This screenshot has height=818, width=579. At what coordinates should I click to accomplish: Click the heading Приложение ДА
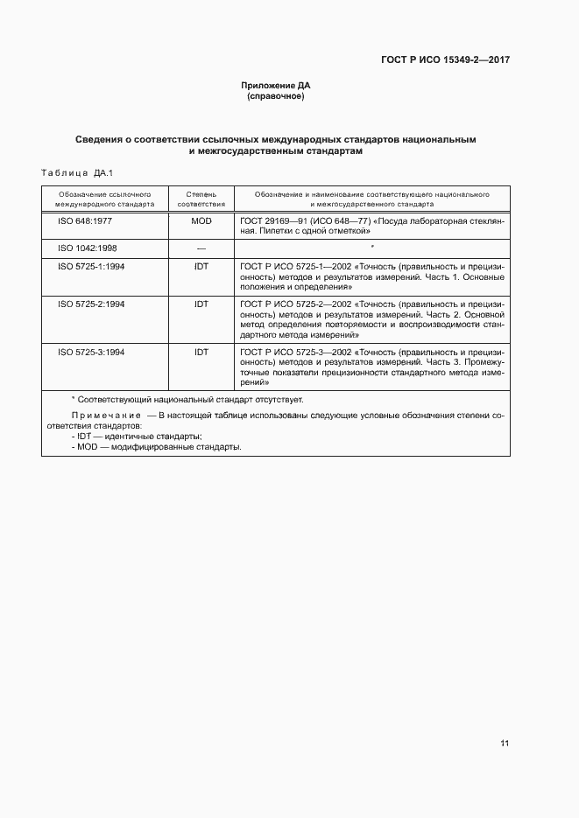[276, 86]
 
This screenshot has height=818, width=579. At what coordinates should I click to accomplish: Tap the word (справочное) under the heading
[276, 96]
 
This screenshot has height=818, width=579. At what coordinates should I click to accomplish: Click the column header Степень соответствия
[201, 198]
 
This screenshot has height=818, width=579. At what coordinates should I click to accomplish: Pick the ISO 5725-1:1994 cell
[91, 266]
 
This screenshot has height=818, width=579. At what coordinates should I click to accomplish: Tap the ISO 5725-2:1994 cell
[91, 304]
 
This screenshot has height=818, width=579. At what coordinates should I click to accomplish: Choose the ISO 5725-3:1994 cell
[91, 352]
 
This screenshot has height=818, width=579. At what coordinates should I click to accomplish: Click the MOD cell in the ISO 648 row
[201, 222]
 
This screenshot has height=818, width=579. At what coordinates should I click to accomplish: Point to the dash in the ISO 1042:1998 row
[201, 248]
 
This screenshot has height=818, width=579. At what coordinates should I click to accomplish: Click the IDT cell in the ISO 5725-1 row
[201, 266]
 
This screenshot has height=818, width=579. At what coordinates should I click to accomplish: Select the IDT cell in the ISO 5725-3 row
[201, 352]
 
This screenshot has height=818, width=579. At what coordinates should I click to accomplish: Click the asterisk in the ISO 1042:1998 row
[372, 248]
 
